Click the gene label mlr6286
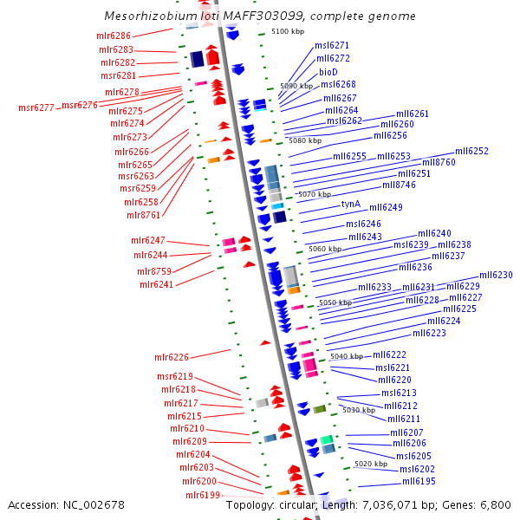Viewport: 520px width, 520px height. [x=114, y=36]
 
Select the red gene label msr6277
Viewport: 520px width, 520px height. [x=36, y=108]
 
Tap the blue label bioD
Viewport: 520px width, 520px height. [x=328, y=72]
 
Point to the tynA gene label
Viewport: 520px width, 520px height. [x=350, y=205]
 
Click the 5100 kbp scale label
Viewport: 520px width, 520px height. [x=288, y=31]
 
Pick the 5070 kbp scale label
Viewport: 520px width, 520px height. [x=315, y=195]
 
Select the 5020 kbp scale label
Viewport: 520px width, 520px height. [x=372, y=465]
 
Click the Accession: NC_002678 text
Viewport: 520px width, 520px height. [x=66, y=504]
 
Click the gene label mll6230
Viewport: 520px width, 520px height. [x=496, y=276]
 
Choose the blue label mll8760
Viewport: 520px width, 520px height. [x=439, y=163]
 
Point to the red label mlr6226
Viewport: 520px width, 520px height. [x=172, y=357]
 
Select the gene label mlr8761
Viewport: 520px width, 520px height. [x=143, y=215]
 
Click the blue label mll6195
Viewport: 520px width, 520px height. [x=419, y=482]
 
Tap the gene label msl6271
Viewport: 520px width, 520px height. [x=332, y=45]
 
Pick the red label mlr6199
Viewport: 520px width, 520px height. [x=203, y=496]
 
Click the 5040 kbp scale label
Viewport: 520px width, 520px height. [x=347, y=357]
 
